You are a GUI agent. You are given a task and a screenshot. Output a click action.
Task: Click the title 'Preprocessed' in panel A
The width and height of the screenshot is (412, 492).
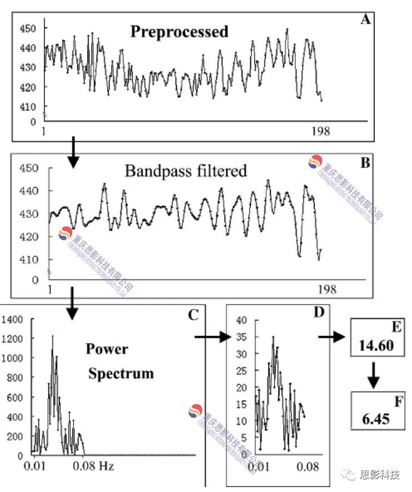(179, 32)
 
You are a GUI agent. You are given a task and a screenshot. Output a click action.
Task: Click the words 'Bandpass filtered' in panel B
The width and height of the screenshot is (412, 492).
(185, 170)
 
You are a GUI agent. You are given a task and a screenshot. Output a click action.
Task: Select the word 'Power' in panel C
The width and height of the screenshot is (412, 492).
(107, 349)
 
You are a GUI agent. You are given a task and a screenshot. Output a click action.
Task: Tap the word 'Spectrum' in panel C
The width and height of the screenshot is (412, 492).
(121, 373)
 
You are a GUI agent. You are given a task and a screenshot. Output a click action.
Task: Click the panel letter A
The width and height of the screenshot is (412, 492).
(365, 21)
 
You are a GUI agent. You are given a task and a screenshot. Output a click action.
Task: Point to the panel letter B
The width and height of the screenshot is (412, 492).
(365, 163)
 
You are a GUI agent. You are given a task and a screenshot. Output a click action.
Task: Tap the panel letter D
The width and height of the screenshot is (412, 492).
(318, 312)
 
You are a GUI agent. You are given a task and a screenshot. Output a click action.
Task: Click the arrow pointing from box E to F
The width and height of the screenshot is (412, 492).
(374, 375)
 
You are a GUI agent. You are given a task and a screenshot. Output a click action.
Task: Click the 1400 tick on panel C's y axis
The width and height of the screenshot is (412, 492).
(12, 319)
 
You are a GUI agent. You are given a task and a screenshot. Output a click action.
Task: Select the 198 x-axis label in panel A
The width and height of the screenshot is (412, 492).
(321, 131)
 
